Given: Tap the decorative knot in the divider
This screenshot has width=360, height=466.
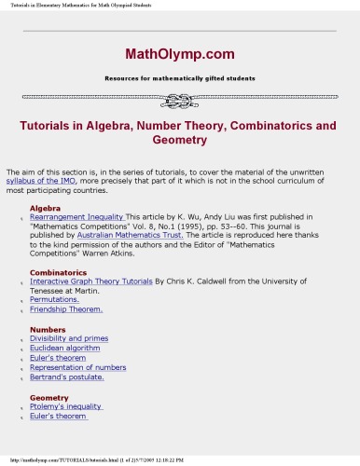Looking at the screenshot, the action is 180,100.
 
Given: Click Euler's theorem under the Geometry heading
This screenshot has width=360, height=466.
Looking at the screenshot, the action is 59,416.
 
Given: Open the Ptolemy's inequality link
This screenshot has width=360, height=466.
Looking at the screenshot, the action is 66,406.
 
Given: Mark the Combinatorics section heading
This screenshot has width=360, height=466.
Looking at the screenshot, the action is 57,272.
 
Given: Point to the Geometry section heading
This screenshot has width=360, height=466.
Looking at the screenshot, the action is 49,397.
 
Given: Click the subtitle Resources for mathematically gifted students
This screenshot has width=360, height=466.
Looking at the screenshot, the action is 180,78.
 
